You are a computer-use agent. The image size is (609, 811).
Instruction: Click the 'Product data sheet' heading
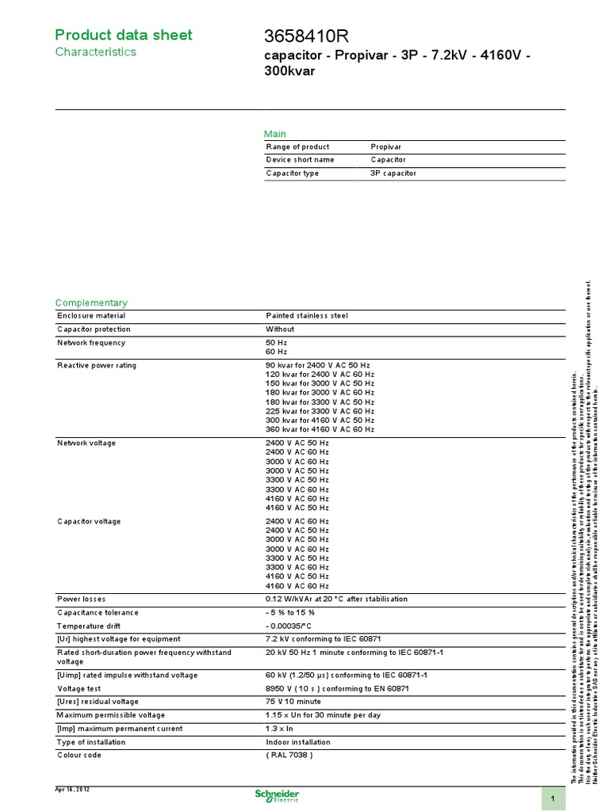(x=123, y=35)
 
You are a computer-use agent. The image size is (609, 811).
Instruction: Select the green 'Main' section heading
(x=275, y=134)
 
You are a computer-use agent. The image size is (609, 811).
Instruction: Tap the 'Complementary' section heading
(x=90, y=303)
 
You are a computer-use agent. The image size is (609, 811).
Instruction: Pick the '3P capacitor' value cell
(x=393, y=173)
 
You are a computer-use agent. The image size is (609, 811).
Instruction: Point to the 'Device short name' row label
(x=300, y=160)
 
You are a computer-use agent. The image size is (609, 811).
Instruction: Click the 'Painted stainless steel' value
(x=307, y=316)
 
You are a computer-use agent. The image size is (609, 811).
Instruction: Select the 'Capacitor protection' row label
(x=94, y=329)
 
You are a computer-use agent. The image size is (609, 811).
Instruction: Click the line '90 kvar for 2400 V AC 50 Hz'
(x=318, y=365)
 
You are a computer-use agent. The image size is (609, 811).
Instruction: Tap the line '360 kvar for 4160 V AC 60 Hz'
(x=320, y=429)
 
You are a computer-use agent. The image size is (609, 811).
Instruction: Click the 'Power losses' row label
(x=81, y=599)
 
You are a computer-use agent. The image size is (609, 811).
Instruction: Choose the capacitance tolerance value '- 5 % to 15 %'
(x=290, y=612)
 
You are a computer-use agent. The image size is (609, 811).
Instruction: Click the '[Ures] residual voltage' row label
(x=97, y=702)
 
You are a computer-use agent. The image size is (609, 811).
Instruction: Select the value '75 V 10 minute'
(x=293, y=702)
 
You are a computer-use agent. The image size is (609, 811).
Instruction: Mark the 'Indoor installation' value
(x=298, y=742)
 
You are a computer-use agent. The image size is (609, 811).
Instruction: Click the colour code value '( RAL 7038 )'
(x=289, y=755)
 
